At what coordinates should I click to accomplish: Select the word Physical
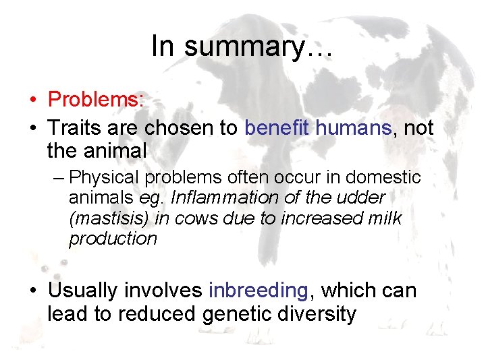[101, 178]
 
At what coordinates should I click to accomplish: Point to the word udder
[362, 198]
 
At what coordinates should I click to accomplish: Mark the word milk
[382, 218]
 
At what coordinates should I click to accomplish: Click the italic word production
[113, 239]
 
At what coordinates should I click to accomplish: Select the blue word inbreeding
[259, 291]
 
